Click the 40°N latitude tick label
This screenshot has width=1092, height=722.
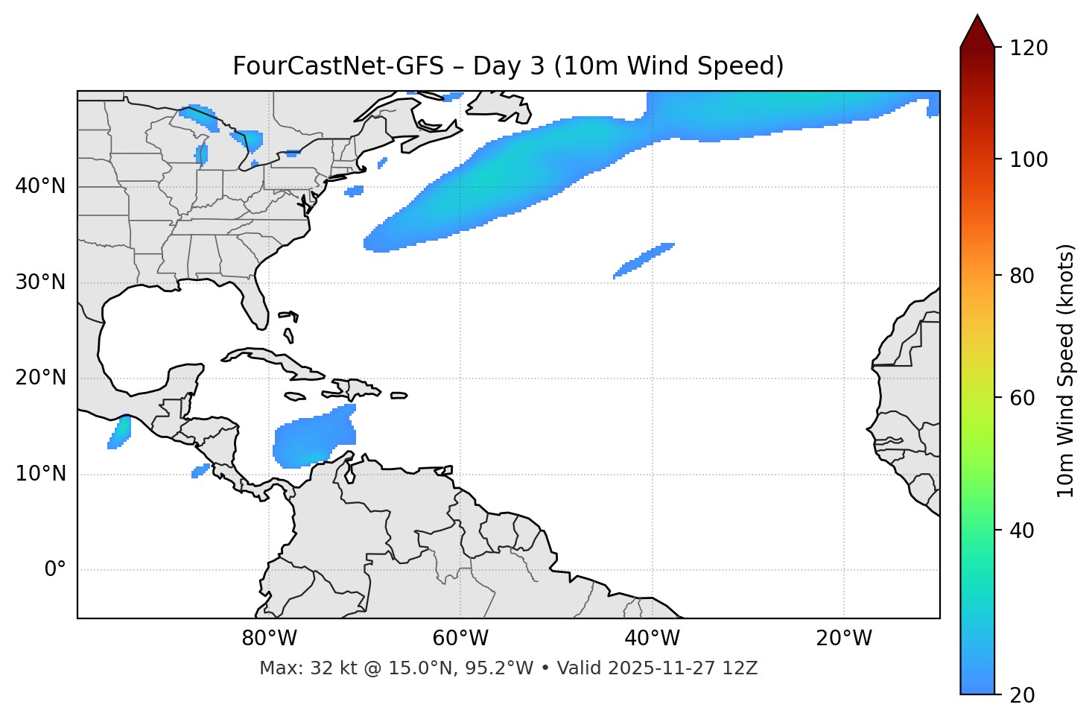click(x=40, y=186)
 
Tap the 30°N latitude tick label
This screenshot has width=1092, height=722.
click(x=40, y=282)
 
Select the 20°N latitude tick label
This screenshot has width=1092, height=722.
click(x=40, y=378)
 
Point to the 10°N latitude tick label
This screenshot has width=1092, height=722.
click(x=40, y=474)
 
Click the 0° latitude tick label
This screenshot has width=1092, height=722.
click(x=55, y=570)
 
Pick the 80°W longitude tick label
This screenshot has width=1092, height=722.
click(x=269, y=639)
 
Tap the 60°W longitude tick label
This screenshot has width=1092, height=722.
click(x=460, y=639)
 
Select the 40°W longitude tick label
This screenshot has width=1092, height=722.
click(x=652, y=639)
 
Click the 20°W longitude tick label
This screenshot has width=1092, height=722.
click(x=843, y=639)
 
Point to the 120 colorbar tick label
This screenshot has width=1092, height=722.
click(x=1029, y=48)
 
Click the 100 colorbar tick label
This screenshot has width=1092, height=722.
click(x=1029, y=159)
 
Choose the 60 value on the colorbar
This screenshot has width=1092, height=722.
click(x=1022, y=398)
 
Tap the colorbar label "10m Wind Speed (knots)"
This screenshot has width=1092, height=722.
click(x=1066, y=370)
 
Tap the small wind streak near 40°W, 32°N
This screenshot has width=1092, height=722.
click(x=644, y=260)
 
